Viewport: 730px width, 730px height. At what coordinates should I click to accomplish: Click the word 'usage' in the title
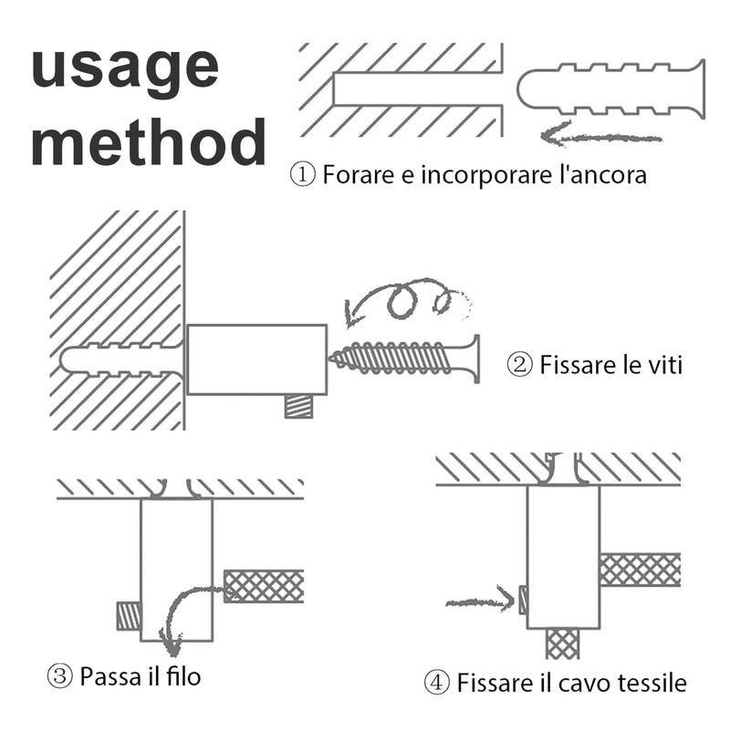[x=125, y=70]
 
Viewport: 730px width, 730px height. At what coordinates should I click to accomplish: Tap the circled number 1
[x=302, y=174]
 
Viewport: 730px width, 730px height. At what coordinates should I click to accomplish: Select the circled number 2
[x=519, y=366]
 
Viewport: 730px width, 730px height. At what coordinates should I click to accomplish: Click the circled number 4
[x=437, y=682]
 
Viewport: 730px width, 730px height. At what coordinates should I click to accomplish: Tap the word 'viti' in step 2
[x=663, y=366]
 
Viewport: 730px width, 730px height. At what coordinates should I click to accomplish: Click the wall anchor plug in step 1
[x=610, y=90]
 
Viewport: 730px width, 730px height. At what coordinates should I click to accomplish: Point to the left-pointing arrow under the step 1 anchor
[x=598, y=138]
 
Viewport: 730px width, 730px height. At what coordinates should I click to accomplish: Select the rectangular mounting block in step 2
[x=256, y=360]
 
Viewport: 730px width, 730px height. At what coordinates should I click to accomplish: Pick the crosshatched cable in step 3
[x=264, y=586]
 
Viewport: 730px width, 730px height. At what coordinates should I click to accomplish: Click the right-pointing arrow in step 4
[x=480, y=601]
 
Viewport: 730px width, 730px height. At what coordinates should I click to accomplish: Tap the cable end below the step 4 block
[x=562, y=644]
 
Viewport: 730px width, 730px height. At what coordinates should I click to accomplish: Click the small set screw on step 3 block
[x=129, y=616]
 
